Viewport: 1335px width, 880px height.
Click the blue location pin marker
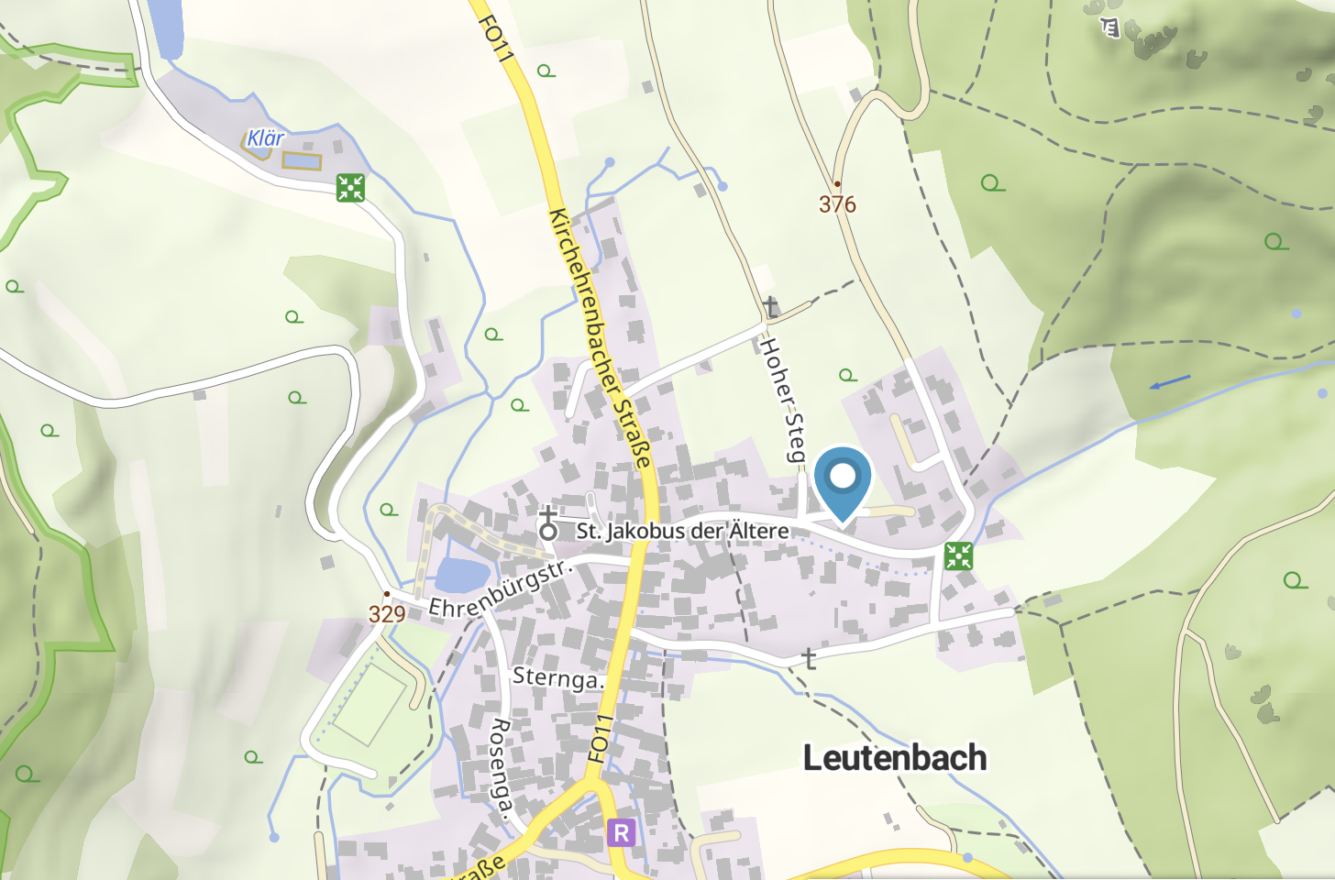(x=842, y=479)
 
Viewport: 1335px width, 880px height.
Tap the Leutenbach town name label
(x=895, y=758)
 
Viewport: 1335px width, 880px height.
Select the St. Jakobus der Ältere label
(x=682, y=531)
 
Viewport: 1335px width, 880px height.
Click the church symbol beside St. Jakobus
(x=548, y=524)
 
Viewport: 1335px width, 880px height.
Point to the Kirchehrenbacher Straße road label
(x=601, y=337)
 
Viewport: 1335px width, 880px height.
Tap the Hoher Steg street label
(x=783, y=399)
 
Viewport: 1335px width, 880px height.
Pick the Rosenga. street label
(x=500, y=766)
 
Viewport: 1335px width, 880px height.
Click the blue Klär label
(x=266, y=138)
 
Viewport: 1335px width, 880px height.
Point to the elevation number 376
(x=837, y=204)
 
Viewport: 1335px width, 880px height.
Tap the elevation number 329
(x=387, y=614)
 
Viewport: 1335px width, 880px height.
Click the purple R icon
(x=621, y=832)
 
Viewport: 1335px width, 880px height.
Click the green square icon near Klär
(x=350, y=188)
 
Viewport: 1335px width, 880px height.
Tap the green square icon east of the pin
(x=958, y=555)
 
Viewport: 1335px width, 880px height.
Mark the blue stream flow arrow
(x=1170, y=381)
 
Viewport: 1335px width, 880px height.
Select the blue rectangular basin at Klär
(x=302, y=160)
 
